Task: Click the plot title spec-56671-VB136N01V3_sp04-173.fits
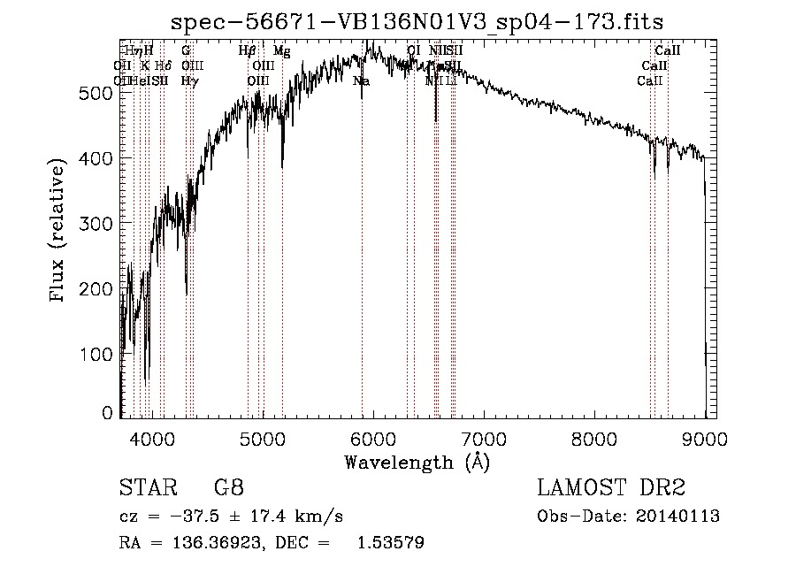point(417,21)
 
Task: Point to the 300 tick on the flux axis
point(96,223)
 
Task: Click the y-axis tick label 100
point(96,354)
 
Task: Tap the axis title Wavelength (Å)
point(417,462)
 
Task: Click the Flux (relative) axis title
point(59,231)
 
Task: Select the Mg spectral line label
point(281,51)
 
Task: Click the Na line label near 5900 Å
point(361,80)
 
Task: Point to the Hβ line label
point(248,51)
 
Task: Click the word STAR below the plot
point(144,487)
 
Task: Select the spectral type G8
point(228,487)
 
